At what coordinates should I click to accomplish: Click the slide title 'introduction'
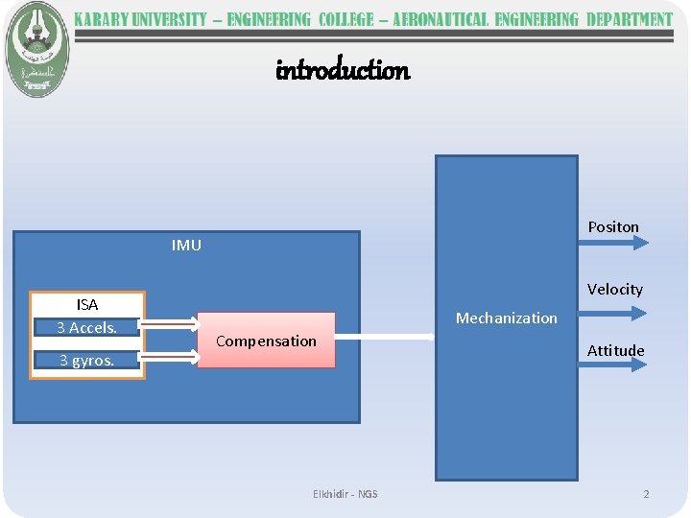[x=343, y=70]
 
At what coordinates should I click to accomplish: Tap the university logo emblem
[x=36, y=47]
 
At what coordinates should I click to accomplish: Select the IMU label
[x=186, y=246]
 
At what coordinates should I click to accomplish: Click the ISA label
[x=87, y=305]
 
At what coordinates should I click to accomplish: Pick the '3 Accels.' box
[x=86, y=328]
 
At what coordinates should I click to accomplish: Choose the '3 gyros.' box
[x=86, y=361]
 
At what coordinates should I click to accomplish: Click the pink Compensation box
[x=266, y=341]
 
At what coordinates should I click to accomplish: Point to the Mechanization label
[x=506, y=318]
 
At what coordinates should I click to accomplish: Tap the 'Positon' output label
[x=613, y=227]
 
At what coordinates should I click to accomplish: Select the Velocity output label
[x=614, y=290]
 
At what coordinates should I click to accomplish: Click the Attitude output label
[x=615, y=351]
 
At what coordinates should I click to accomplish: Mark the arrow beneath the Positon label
[x=614, y=243]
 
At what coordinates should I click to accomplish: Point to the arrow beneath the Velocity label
[x=614, y=313]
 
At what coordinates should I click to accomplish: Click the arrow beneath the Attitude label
[x=614, y=365]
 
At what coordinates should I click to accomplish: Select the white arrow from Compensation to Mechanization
[x=384, y=337]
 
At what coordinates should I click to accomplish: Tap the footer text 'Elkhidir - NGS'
[x=345, y=494]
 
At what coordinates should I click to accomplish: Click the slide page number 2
[x=646, y=494]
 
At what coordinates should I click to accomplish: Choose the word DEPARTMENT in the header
[x=629, y=20]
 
